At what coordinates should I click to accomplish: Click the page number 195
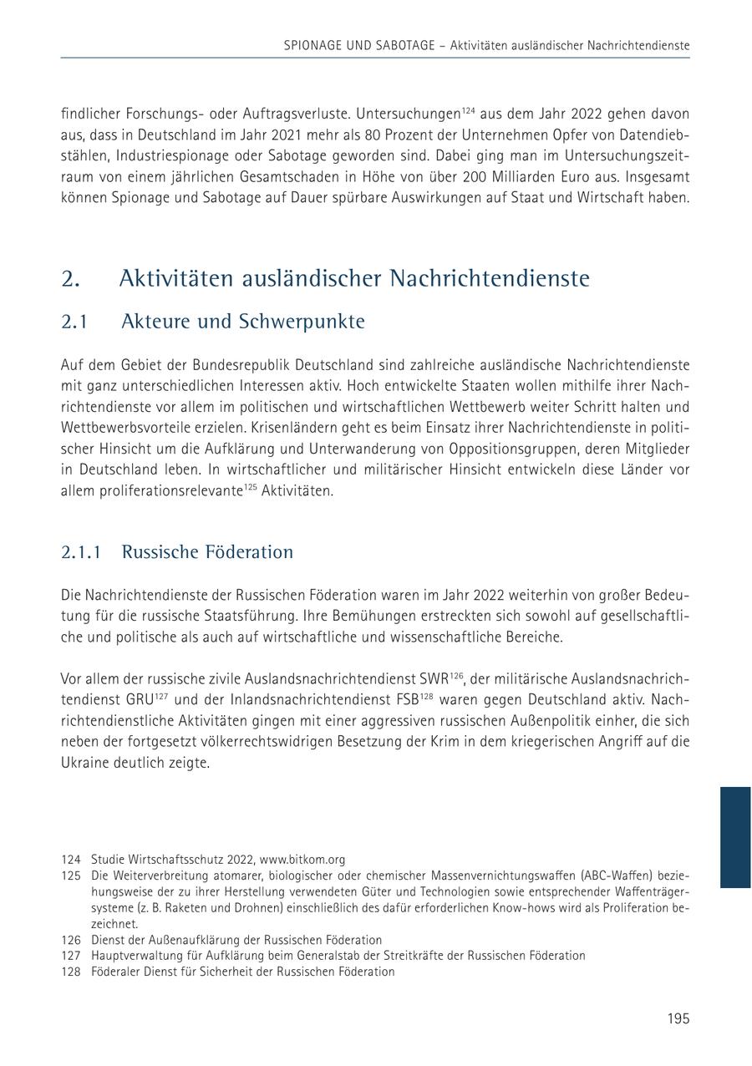pos(678,1018)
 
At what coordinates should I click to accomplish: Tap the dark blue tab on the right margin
pos(735,836)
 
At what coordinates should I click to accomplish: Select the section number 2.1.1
pos(81,552)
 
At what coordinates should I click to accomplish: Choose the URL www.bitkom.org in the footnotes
pos(302,860)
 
